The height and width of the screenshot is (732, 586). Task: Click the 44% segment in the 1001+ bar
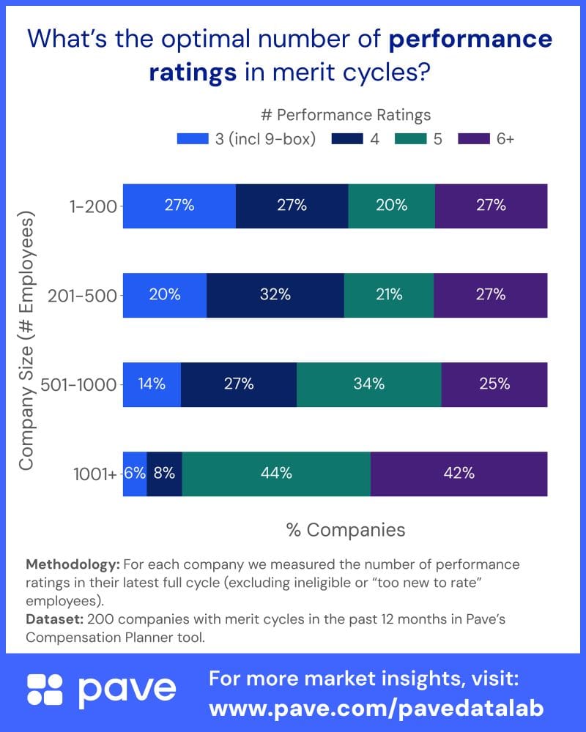(276, 473)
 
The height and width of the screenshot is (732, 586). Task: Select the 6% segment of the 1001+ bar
(135, 473)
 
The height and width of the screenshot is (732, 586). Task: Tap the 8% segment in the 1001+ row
(164, 473)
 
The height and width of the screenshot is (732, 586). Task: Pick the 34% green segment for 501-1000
(368, 384)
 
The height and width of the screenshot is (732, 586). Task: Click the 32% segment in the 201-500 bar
(275, 295)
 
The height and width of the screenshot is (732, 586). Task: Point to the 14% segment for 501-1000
(152, 384)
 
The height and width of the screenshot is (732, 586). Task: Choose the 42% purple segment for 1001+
(459, 473)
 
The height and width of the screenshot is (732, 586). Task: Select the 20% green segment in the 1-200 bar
(391, 206)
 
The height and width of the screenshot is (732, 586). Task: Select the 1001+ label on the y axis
(94, 474)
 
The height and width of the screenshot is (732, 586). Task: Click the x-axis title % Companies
(345, 529)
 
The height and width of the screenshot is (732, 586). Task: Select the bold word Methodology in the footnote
(72, 564)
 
